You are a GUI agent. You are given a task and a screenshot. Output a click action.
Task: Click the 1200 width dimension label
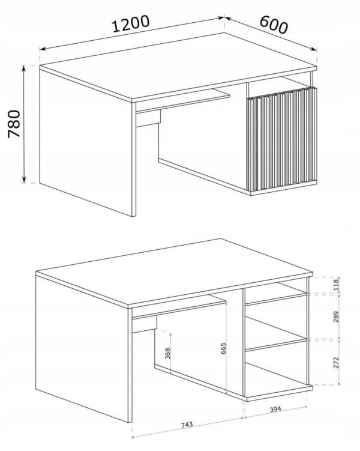[131, 23]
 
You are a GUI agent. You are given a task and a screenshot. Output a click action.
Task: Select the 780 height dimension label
[14, 124]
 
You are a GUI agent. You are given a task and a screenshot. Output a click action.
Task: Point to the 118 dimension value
[336, 285]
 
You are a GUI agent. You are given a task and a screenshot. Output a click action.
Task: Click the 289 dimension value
[336, 316]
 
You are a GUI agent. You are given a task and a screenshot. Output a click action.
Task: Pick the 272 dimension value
[336, 362]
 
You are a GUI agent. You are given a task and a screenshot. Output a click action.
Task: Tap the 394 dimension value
[275, 409]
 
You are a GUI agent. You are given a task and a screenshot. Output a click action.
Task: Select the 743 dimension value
[187, 425]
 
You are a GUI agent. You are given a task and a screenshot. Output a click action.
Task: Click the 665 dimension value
[224, 348]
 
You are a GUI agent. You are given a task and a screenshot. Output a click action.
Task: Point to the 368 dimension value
[167, 354]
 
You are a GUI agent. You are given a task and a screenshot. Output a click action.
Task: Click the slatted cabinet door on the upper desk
[281, 139]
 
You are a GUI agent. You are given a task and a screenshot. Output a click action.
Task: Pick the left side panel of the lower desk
[82, 348]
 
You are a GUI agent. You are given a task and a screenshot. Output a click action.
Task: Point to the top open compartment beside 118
[276, 292]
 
